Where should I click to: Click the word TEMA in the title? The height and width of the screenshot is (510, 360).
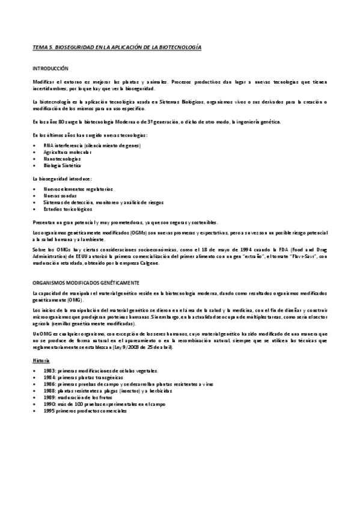point(39,46)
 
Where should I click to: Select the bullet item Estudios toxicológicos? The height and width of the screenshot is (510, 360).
point(68,209)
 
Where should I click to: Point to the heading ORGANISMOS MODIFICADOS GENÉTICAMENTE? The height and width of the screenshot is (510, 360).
point(86,282)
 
